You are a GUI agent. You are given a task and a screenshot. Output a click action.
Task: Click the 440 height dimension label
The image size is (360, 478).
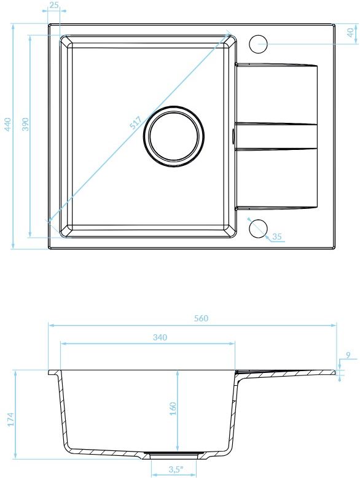pyautogui.click(x=8, y=124)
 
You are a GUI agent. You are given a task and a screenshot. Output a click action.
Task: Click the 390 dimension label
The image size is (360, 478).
pyautogui.click(x=26, y=124)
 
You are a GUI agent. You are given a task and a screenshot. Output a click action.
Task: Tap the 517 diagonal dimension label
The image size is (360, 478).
pyautogui.click(x=135, y=123)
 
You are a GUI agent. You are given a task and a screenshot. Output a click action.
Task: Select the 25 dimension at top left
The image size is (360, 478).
pyautogui.click(x=53, y=5)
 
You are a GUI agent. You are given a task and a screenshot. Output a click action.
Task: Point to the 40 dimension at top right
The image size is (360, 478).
pyautogui.click(x=351, y=33)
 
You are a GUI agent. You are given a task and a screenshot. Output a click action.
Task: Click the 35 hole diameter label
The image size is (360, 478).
pyautogui.click(x=277, y=237)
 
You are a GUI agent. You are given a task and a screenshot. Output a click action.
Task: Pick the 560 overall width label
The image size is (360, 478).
pyautogui.click(x=201, y=318)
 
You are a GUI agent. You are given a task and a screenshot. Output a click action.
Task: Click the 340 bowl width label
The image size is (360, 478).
pyautogui.click(x=160, y=337)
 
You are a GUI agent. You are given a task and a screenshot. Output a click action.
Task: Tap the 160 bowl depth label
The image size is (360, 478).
pyautogui.click(x=173, y=409)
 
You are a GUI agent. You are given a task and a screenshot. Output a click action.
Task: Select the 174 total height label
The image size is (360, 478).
pyautogui.click(x=10, y=419)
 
